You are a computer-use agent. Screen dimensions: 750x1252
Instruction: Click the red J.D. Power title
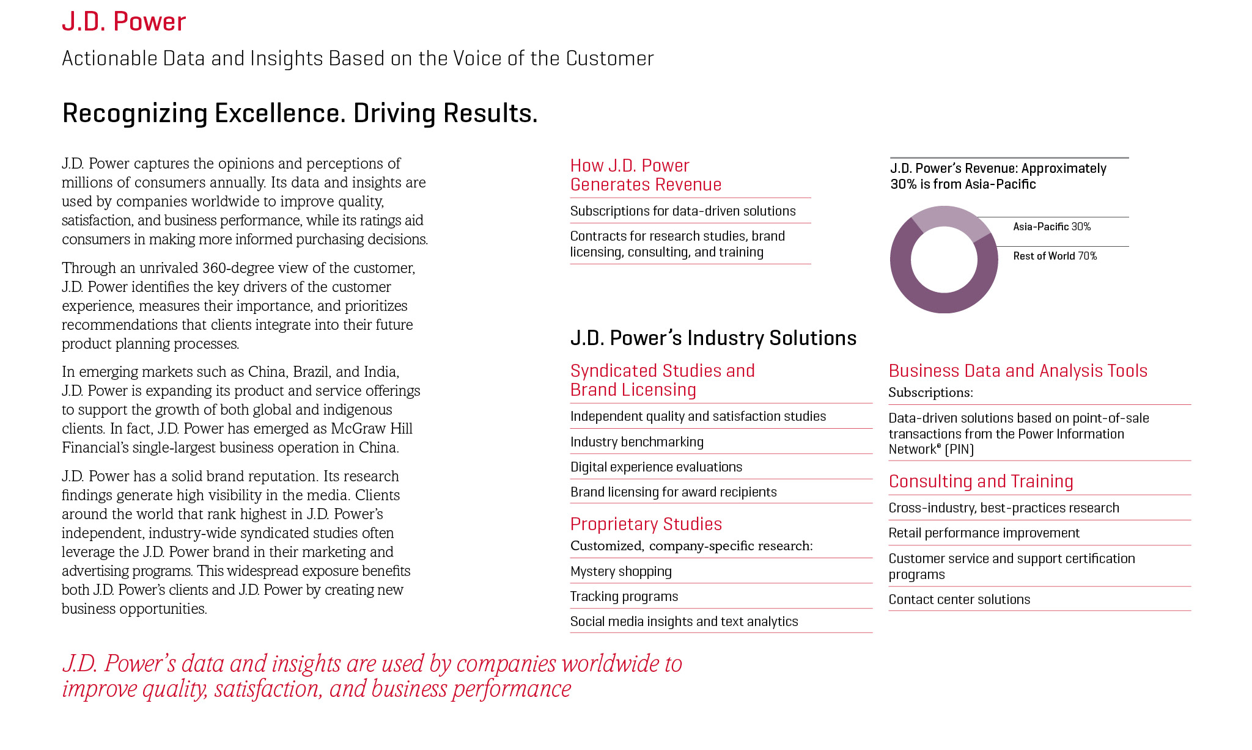(x=123, y=22)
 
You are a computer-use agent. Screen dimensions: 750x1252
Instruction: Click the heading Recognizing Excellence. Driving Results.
(x=300, y=114)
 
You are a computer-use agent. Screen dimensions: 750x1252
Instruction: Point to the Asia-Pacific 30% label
(x=1051, y=227)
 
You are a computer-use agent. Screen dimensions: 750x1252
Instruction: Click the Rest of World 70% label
(x=1055, y=256)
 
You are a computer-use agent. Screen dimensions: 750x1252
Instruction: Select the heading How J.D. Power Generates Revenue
(x=646, y=175)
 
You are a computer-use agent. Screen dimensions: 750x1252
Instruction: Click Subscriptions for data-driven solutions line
(x=683, y=211)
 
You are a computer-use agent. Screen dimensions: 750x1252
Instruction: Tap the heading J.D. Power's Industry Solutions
(x=713, y=338)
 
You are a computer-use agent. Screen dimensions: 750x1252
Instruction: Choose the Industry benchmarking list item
(x=636, y=442)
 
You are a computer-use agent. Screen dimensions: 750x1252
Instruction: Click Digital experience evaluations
(x=656, y=467)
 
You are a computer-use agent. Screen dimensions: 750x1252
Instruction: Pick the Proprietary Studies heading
(x=646, y=524)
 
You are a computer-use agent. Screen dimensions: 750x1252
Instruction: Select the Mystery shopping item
(x=620, y=572)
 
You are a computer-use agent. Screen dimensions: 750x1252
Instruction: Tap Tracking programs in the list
(x=624, y=597)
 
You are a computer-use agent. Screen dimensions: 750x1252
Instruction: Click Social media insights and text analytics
(x=683, y=622)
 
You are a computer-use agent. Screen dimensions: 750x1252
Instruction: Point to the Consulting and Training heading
(x=981, y=481)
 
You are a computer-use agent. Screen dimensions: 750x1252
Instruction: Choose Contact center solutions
(x=959, y=600)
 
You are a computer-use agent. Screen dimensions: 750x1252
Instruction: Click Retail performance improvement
(x=984, y=533)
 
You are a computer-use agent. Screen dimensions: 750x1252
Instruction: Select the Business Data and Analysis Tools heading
(x=1017, y=371)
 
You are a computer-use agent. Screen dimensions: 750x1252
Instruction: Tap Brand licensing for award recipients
(x=673, y=492)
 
